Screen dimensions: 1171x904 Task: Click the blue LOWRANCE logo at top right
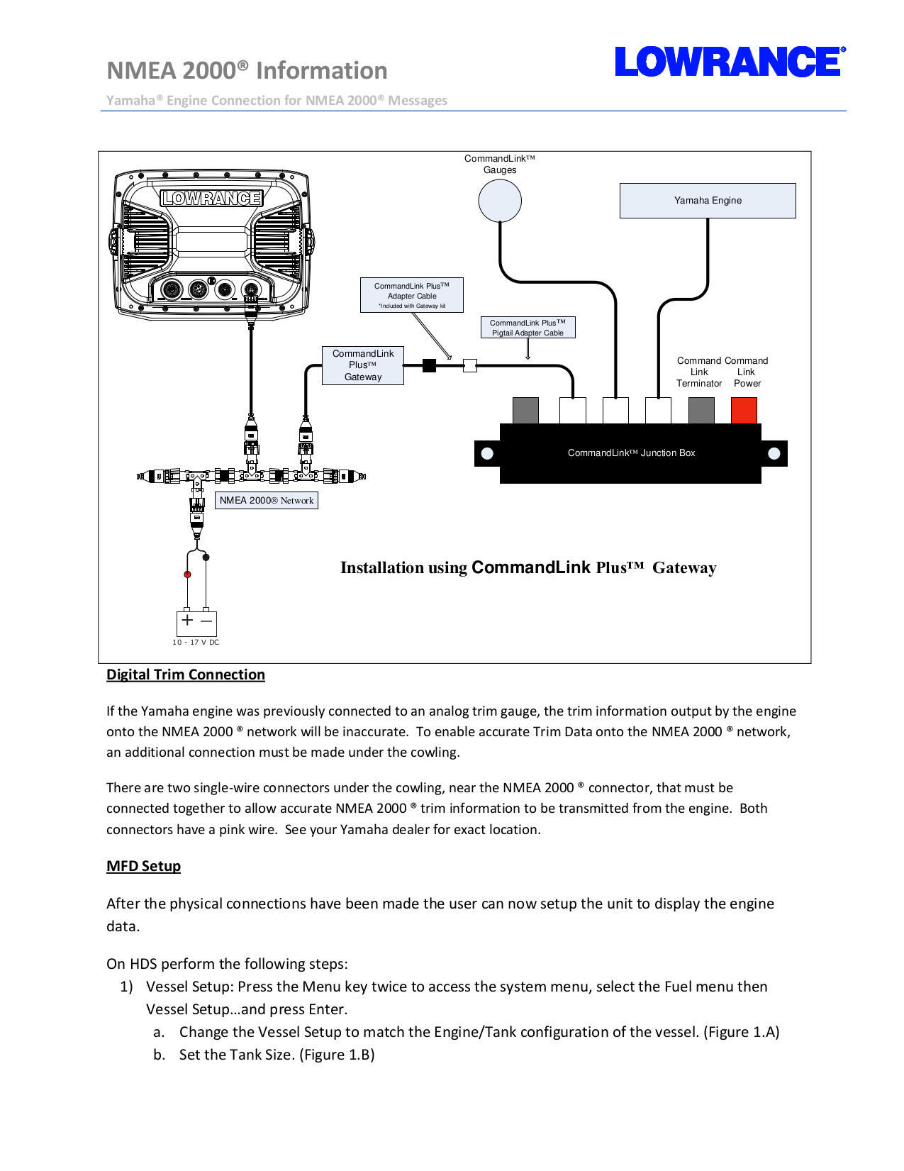tap(729, 62)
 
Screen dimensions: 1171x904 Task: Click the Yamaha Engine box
tap(707, 201)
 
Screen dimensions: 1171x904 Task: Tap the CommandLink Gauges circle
tap(500, 201)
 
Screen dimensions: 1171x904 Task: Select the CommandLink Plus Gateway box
tap(363, 365)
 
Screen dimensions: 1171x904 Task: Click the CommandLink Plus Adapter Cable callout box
tap(411, 295)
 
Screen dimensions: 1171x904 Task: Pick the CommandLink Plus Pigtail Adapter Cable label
tap(528, 328)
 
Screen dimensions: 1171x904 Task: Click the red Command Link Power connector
tap(744, 411)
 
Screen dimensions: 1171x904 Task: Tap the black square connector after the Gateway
tap(429, 365)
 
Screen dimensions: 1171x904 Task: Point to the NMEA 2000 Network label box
tap(266, 501)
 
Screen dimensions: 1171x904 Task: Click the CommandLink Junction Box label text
tap(631, 453)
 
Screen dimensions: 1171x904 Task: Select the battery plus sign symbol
tap(187, 620)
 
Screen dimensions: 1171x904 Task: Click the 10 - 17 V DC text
tap(196, 643)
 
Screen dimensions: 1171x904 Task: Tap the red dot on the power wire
tap(187, 575)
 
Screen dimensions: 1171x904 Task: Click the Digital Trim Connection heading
tap(186, 675)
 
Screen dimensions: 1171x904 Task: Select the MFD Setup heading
tap(143, 866)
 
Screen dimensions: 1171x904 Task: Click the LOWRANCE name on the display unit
tap(211, 199)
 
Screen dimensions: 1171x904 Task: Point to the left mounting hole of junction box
tap(487, 453)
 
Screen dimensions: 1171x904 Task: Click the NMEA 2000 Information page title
tap(247, 70)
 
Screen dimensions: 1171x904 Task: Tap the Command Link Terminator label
tap(699, 372)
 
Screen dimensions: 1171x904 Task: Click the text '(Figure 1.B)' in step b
tap(337, 1055)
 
